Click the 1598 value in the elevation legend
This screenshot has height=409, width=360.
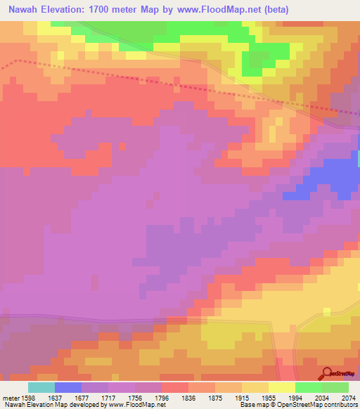pos(28,397)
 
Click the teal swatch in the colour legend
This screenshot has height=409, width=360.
pos(41,387)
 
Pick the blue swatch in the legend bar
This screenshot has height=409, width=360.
pos(68,387)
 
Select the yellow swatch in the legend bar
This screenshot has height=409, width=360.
pos(282,387)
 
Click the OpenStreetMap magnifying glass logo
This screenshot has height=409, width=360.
pos(326,373)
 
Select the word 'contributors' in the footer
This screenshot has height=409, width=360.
pos(340,405)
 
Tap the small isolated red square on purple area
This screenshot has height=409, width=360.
pos(124,146)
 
